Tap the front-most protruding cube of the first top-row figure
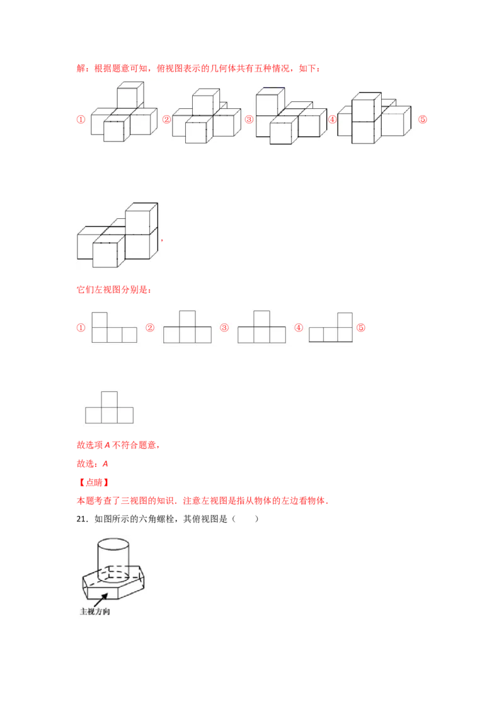[113, 131]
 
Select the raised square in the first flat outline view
[100, 320]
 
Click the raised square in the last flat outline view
[344, 320]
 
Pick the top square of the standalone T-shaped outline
[110, 399]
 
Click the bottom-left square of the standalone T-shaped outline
[94, 415]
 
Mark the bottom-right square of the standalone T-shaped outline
[125, 415]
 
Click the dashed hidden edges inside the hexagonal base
[117, 573]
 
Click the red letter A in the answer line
[105, 464]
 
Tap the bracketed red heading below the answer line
[93, 483]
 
